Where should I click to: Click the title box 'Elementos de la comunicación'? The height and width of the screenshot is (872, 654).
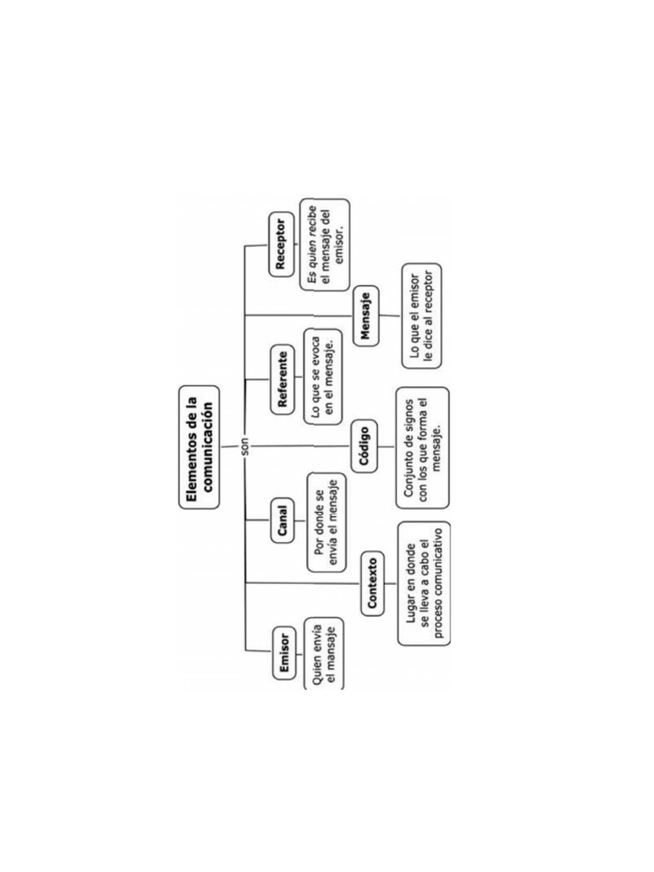click(x=199, y=448)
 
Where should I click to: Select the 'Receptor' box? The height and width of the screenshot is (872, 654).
click(x=282, y=244)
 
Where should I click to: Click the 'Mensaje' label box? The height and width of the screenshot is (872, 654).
click(x=366, y=316)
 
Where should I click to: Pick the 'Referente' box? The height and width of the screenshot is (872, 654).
click(x=284, y=379)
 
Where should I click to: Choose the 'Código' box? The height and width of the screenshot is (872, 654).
click(x=364, y=446)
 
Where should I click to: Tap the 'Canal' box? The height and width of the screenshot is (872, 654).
click(x=283, y=520)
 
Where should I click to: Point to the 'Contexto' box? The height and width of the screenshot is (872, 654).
click(x=373, y=583)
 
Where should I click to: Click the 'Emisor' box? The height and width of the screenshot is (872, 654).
click(x=284, y=653)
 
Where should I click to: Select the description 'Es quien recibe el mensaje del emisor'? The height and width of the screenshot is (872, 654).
click(x=325, y=244)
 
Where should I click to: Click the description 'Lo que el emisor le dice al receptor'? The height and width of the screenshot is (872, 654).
click(x=422, y=316)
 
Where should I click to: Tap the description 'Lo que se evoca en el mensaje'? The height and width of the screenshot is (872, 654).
click(x=323, y=377)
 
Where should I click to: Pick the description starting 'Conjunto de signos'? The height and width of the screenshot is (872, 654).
click(x=422, y=448)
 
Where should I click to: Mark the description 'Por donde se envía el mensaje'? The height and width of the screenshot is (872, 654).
click(x=326, y=522)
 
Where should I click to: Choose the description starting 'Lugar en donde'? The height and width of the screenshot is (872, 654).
click(x=424, y=583)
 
